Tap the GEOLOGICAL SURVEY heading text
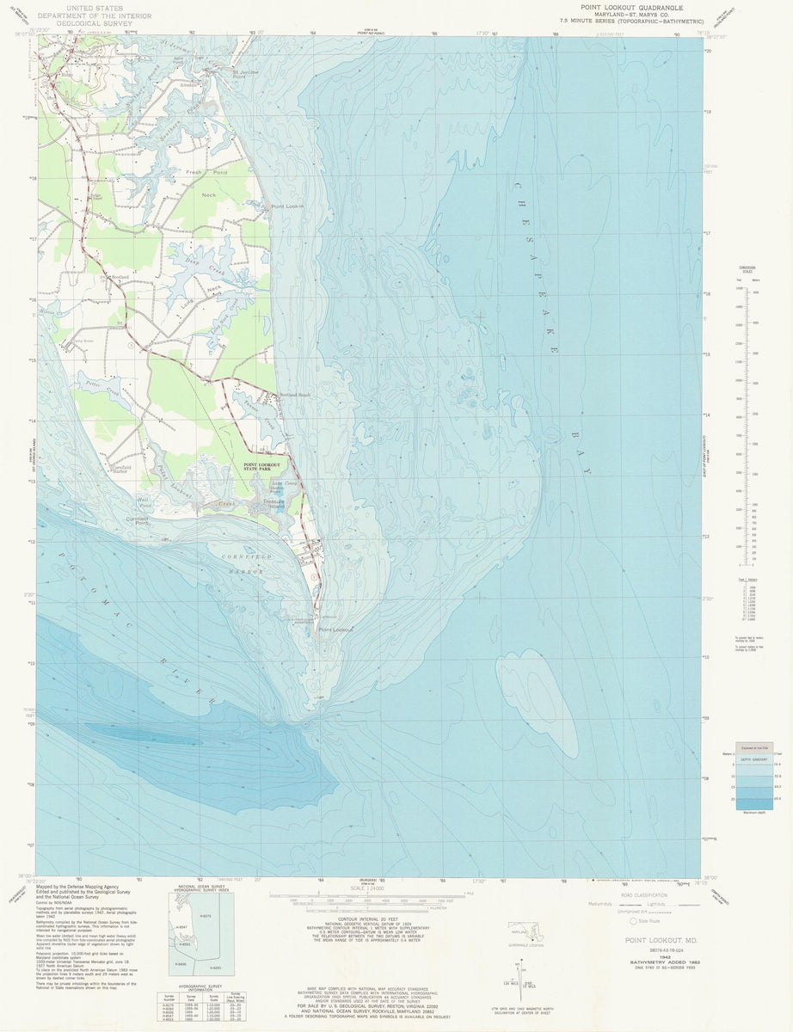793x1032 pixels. (x=97, y=26)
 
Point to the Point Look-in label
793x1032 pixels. (x=288, y=207)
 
